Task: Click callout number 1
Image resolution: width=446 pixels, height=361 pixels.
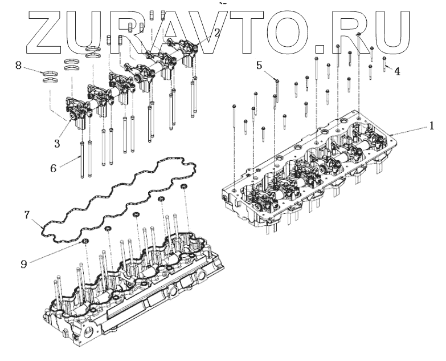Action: click(432, 124)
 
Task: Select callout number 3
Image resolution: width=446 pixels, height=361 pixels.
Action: click(57, 144)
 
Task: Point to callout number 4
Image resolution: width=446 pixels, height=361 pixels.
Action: click(397, 72)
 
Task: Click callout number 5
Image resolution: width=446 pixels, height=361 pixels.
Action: click(259, 66)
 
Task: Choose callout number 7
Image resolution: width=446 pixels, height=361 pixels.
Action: click(27, 215)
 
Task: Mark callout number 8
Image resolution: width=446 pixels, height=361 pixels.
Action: click(18, 66)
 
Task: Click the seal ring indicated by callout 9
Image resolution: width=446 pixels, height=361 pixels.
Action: click(85, 243)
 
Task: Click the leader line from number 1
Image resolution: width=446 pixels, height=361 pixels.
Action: click(410, 129)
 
